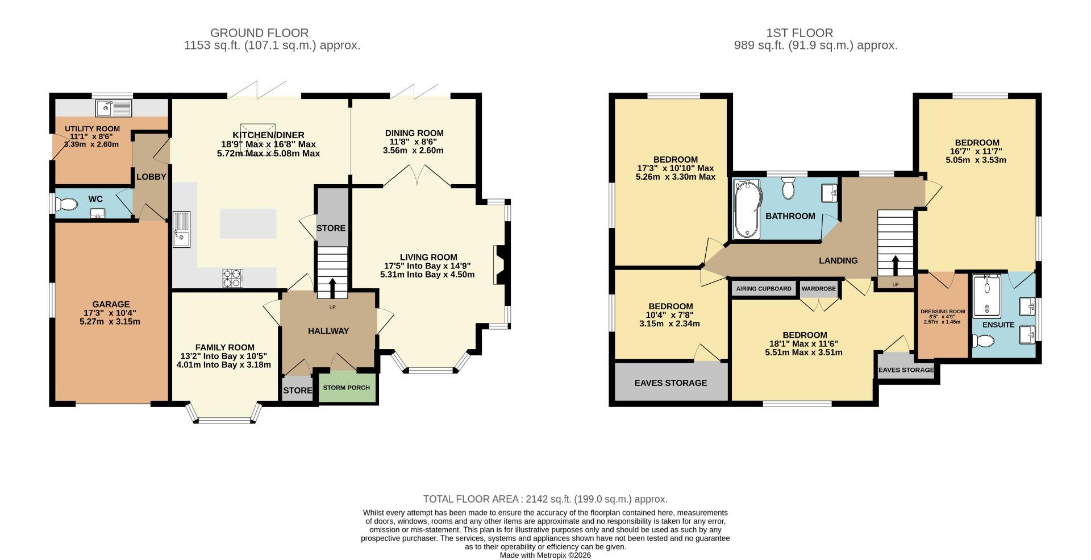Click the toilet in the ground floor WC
(x=66, y=204)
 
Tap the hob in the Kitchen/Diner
(x=232, y=277)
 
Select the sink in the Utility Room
(x=113, y=107)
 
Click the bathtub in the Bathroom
(x=746, y=209)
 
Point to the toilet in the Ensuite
(x=982, y=341)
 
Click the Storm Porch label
(x=346, y=388)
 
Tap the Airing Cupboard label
(x=763, y=289)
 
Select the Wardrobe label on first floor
(x=818, y=289)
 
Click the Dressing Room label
(x=943, y=312)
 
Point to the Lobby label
(x=151, y=177)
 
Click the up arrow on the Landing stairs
(x=896, y=265)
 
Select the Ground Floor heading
(x=259, y=33)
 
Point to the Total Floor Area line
(x=545, y=499)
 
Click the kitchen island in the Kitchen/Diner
(x=248, y=223)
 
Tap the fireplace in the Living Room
(x=499, y=264)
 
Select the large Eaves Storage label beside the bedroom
(x=671, y=383)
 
